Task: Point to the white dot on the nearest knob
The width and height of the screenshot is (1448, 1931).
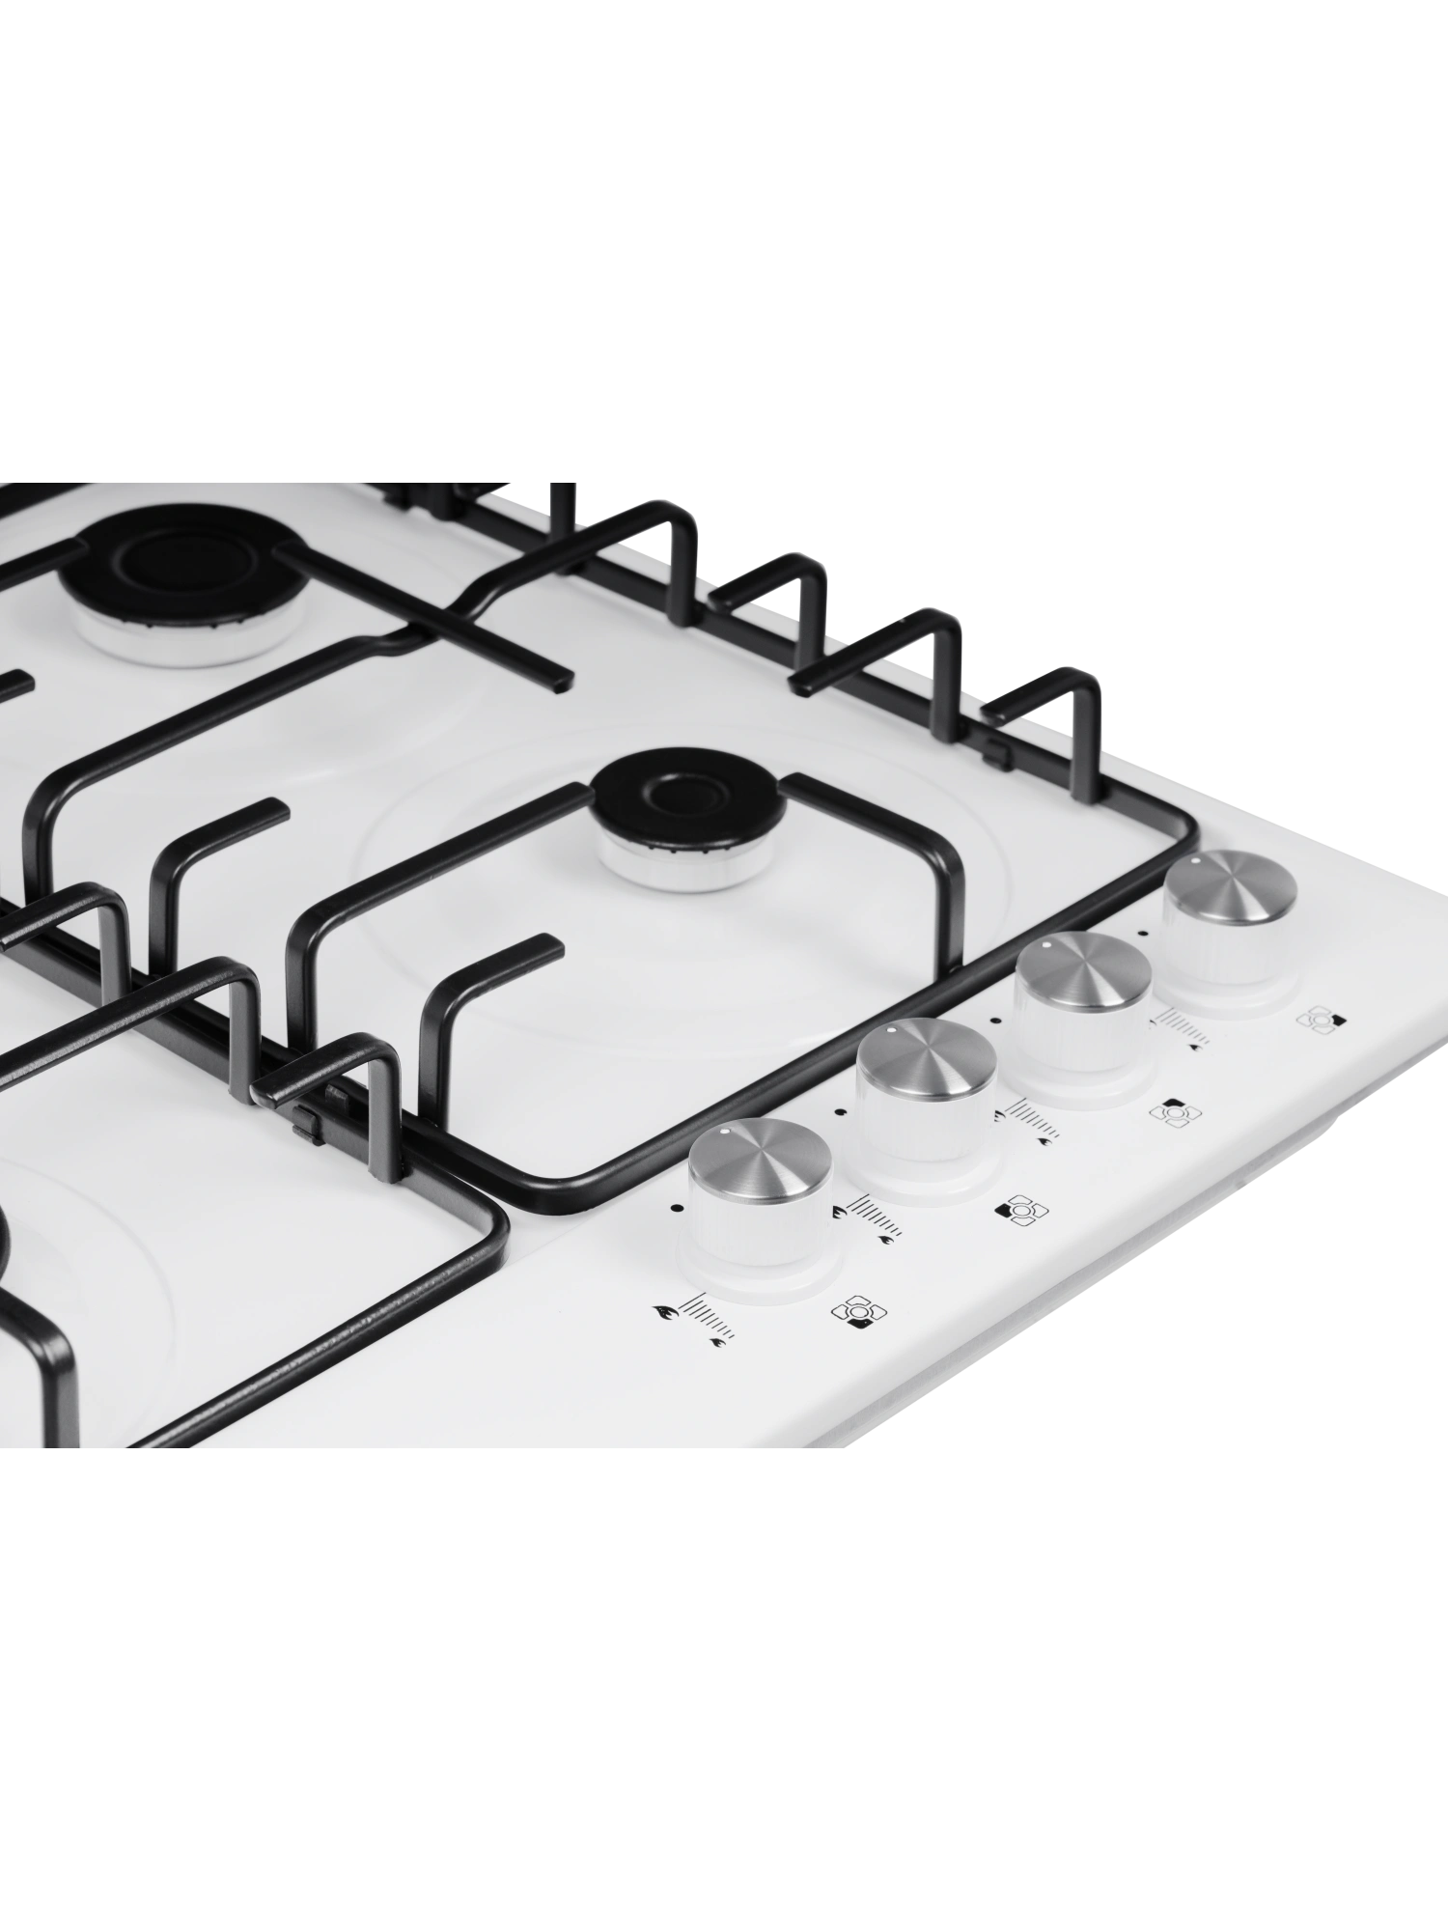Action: pos(724,1131)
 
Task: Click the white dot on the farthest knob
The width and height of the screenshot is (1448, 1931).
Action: pos(1196,858)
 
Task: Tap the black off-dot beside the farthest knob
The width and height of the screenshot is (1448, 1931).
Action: pos(1143,933)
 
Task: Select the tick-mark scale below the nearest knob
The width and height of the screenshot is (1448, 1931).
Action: pos(705,1318)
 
